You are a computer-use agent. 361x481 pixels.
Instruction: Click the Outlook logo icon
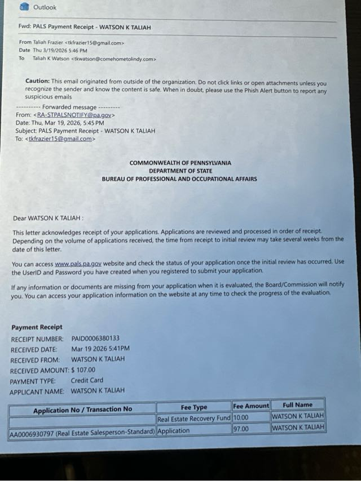click(x=24, y=7)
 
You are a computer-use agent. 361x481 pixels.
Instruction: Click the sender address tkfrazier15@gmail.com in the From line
click(x=94, y=42)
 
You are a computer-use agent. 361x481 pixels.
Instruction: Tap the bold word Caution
click(x=37, y=81)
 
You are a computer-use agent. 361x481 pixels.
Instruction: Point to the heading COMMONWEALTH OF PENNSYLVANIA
click(x=180, y=163)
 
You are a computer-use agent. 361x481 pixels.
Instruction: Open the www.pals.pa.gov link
click(x=78, y=263)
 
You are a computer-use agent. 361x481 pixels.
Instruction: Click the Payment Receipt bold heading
click(x=37, y=327)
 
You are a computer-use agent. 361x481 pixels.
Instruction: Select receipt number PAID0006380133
click(x=95, y=339)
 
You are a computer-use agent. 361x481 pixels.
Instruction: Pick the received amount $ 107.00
click(x=83, y=370)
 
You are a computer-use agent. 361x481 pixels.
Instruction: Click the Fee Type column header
click(x=193, y=407)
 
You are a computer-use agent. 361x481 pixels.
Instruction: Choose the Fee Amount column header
click(x=250, y=406)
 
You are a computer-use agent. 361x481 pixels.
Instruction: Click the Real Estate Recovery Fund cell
click(x=193, y=419)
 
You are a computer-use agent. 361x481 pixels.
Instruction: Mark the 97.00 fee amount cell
click(x=241, y=429)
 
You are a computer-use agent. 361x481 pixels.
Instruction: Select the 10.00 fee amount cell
click(x=241, y=418)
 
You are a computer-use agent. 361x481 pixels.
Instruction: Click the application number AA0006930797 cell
click(x=82, y=431)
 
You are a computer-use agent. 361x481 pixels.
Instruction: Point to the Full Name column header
click(x=297, y=404)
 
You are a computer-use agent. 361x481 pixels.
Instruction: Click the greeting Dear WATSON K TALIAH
click(x=48, y=218)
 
